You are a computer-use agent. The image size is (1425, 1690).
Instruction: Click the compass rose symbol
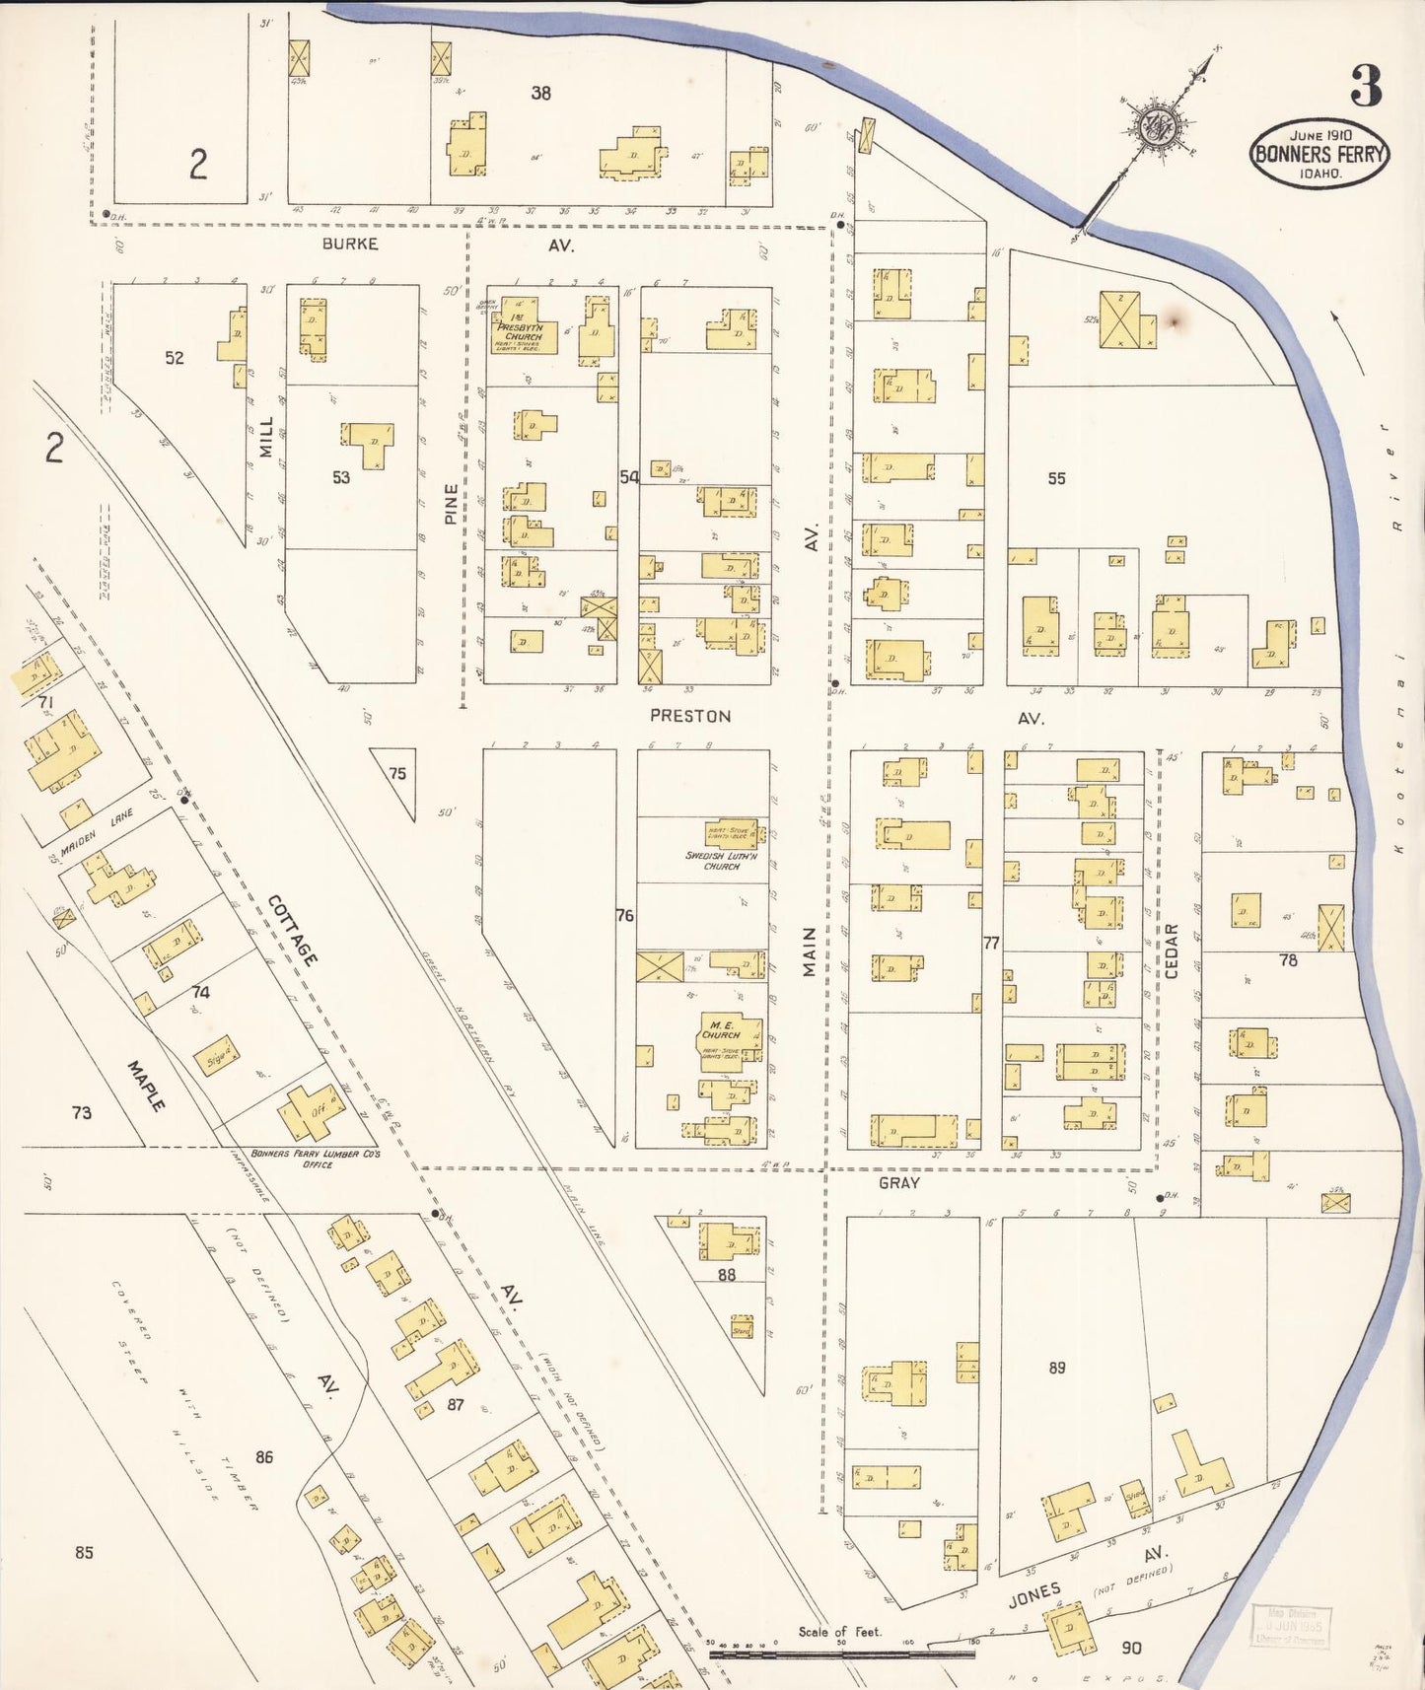coord(1155,126)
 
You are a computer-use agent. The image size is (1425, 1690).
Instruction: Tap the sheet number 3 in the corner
coord(1366,87)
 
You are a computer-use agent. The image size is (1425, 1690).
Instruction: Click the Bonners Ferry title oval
coord(1319,154)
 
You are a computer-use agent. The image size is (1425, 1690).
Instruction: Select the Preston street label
coord(690,716)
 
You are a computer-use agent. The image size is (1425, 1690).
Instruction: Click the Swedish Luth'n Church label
coord(721,861)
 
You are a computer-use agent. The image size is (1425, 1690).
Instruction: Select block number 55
coord(1056,478)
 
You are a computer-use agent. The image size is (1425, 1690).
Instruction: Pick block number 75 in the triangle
coord(396,774)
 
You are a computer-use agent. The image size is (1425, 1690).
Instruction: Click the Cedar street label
coord(1172,951)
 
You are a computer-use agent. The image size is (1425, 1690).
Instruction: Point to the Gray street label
coord(898,1182)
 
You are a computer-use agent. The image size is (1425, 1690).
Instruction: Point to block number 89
coord(1056,1368)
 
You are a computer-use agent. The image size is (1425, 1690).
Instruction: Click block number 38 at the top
coord(540,94)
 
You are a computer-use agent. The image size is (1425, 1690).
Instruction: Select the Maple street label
coord(146,1087)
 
